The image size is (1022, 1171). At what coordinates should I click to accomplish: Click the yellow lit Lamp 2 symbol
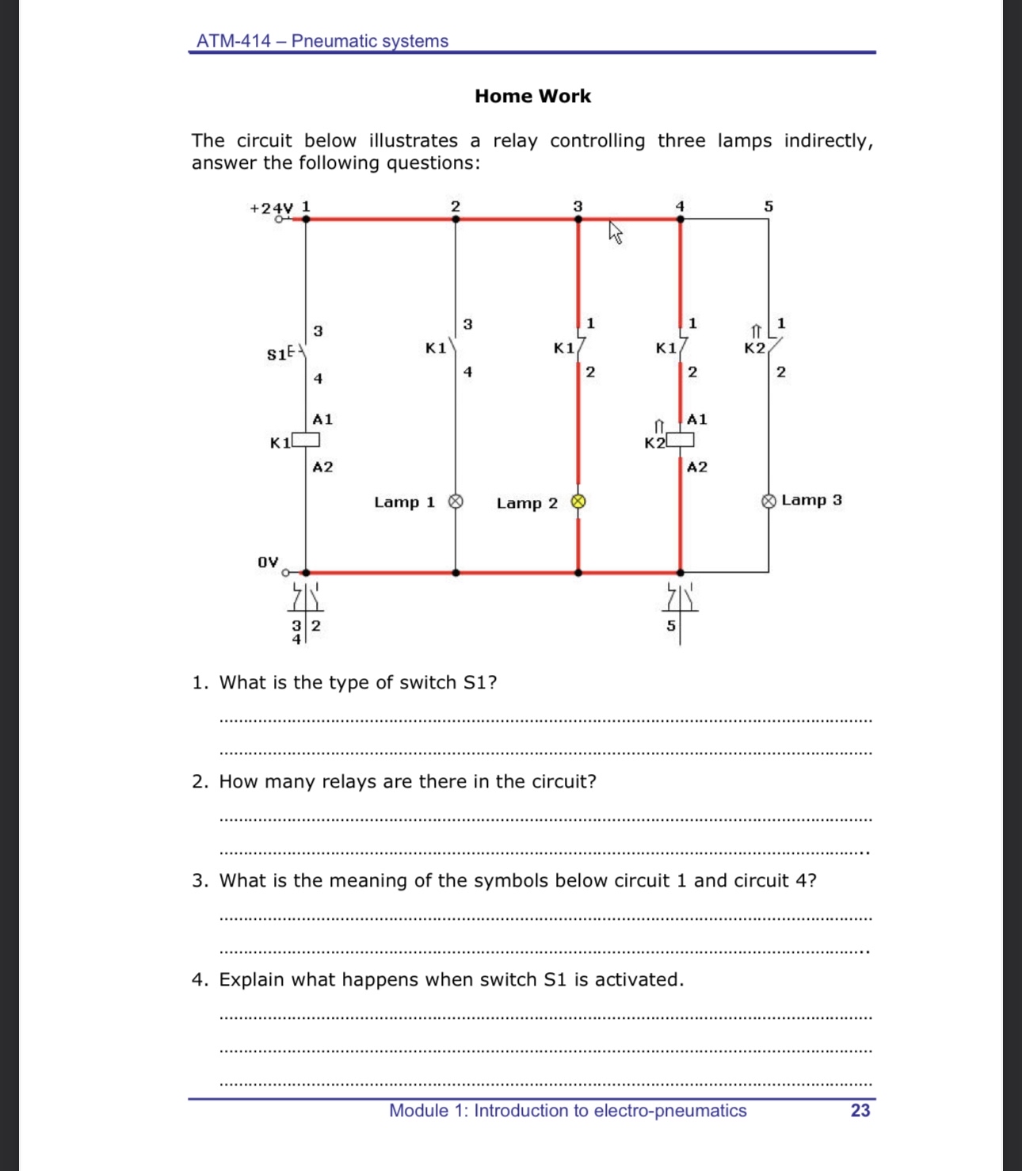coord(578,502)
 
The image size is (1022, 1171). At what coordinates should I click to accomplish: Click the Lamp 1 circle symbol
coord(456,502)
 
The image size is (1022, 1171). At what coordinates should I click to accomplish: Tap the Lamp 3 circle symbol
coord(768,501)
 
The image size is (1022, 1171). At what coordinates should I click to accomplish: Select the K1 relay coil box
coord(306,440)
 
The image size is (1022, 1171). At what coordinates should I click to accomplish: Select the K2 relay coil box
coord(680,440)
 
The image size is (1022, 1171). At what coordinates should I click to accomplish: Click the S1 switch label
coord(276,354)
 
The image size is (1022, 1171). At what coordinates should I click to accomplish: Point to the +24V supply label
coord(271,208)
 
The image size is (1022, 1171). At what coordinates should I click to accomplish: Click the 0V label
coord(268,562)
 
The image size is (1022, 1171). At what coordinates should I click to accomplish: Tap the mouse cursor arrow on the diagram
coord(615,231)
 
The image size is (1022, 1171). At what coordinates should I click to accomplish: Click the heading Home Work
coord(532,96)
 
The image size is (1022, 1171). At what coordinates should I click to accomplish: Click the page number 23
coord(860,1111)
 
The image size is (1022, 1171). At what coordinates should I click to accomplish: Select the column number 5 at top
coord(768,206)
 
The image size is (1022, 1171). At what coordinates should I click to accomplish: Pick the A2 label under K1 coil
coord(322,467)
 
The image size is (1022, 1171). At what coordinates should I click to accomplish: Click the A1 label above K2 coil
coord(697,419)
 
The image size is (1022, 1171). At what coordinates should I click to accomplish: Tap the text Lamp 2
coord(527,503)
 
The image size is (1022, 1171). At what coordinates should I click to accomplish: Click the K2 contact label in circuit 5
coord(754,348)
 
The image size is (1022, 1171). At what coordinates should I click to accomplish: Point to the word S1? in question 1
coord(480,683)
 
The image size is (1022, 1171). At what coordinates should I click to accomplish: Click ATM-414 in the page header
coord(234,41)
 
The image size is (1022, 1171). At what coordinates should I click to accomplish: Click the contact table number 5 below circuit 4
coord(671,626)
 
